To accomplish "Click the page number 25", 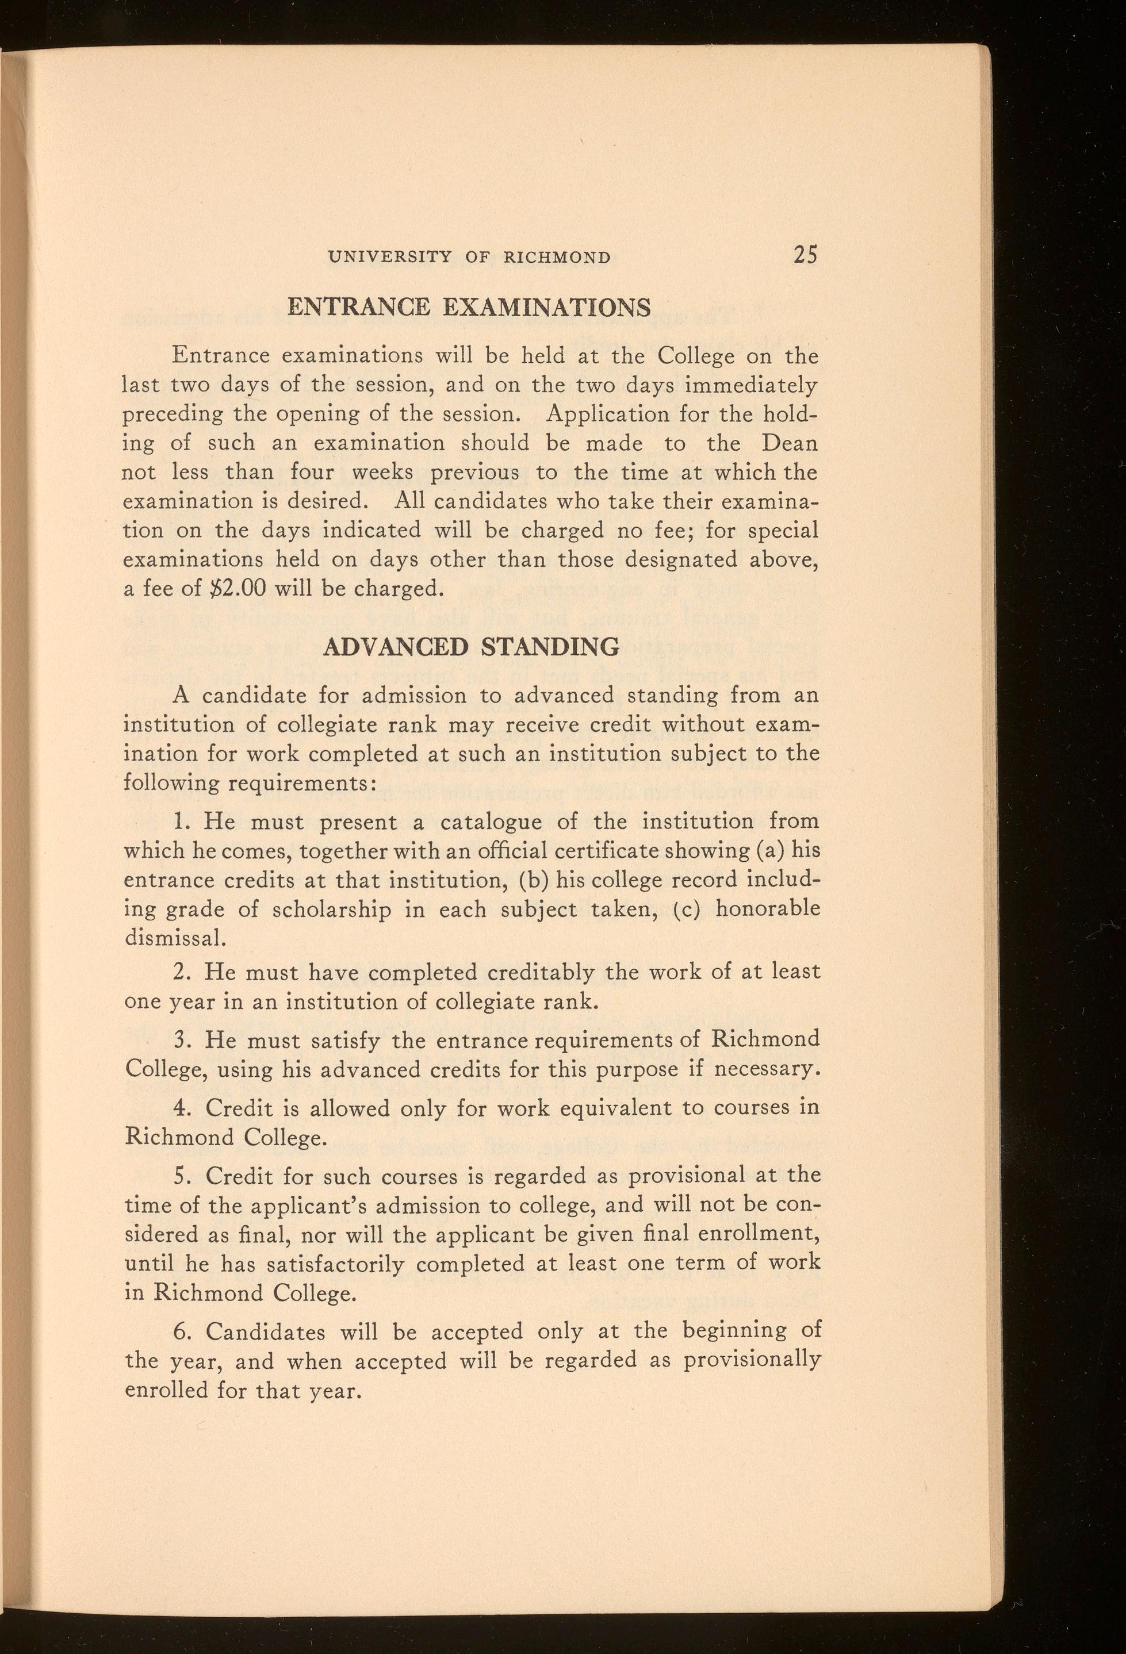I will pos(805,255).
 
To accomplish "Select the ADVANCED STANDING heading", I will pos(471,647).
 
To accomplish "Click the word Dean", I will pos(790,443).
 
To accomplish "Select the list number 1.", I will pos(179,822).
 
